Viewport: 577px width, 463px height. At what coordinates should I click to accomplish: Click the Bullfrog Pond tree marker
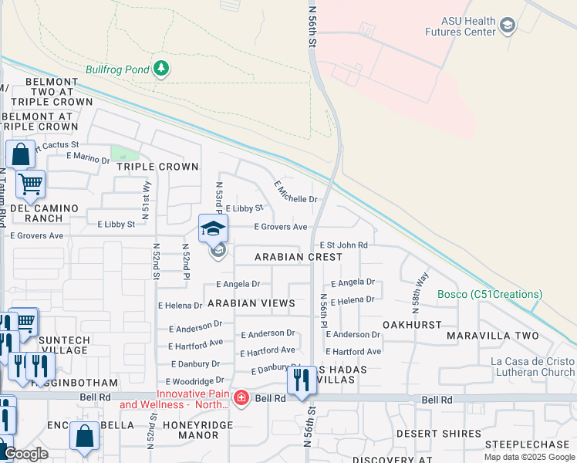click(x=161, y=69)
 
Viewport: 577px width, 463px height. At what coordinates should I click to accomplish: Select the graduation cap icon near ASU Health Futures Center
click(x=507, y=26)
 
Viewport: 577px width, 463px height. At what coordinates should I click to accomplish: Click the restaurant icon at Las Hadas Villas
click(x=302, y=380)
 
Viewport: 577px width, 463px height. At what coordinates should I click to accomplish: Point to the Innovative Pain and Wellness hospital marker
click(x=241, y=398)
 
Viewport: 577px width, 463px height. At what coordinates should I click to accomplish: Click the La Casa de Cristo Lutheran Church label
click(x=532, y=367)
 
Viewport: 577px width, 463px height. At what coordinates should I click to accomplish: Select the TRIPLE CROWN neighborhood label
click(x=157, y=167)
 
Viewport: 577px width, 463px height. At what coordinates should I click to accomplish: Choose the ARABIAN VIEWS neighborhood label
click(x=251, y=303)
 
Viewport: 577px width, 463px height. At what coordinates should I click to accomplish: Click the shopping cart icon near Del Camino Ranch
click(x=30, y=184)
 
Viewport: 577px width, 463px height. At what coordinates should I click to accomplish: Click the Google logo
click(x=26, y=455)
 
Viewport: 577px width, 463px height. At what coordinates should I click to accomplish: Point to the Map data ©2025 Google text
click(x=528, y=457)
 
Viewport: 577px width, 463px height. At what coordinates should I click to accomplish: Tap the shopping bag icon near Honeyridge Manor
click(x=84, y=436)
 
